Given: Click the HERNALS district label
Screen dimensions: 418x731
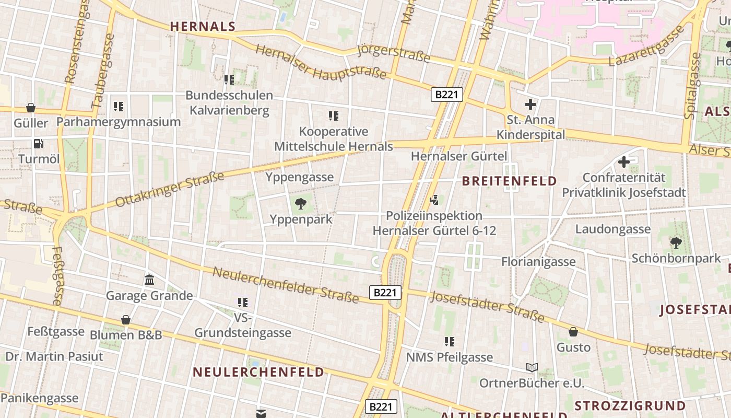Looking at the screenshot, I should pos(203,26).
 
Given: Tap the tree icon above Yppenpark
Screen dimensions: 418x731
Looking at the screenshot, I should pos(301,204).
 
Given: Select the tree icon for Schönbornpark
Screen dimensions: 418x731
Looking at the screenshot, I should pos(676,242).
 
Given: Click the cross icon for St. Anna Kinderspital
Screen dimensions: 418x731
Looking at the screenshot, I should pos(530,104).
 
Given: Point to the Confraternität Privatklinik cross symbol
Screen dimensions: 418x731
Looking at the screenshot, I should pos(623,162).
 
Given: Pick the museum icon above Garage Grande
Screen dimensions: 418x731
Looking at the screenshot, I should pos(149,280).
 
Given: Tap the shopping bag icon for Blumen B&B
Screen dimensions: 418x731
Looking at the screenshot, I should pos(126,320).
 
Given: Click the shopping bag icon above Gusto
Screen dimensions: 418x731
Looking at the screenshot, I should pos(573,332).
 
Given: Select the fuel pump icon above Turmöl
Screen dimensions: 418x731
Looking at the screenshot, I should pos(38,143).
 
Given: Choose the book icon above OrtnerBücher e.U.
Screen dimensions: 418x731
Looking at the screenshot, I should pos(532,368).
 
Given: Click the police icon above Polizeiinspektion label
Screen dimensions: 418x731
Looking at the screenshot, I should pos(434,200).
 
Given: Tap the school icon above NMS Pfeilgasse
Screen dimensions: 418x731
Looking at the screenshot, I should pos(449,342).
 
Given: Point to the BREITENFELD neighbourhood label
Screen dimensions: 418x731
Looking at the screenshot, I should pos(509,181).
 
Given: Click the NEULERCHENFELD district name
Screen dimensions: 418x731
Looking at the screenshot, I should pos(258,372).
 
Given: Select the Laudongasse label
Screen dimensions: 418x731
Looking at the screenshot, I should pos(612,229).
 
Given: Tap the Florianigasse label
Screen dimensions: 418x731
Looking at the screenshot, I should pos(538,261).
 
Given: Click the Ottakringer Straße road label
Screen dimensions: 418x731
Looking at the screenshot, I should pos(169,189).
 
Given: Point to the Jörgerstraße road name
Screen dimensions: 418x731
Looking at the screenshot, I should pos(394,53).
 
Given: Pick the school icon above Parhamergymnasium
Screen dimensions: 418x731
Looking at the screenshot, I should pos(119,107).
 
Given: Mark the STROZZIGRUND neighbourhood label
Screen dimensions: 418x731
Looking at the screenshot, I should pos(630,406).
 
